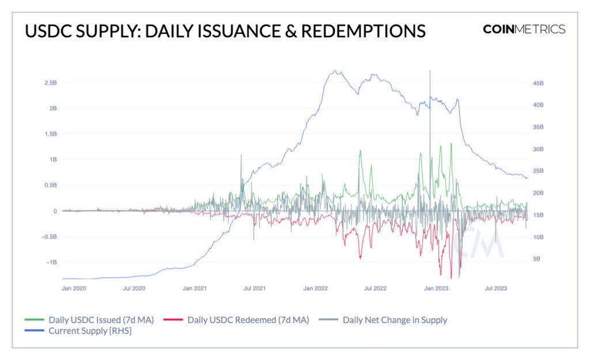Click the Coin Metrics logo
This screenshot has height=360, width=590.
click(524, 29)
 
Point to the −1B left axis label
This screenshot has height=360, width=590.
click(49, 262)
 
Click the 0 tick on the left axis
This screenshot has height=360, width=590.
click(55, 211)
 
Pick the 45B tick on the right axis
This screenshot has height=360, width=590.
click(538, 84)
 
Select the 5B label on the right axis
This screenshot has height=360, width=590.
click(536, 259)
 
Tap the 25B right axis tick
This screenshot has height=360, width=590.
click(538, 171)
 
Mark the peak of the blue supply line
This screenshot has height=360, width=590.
click(335, 71)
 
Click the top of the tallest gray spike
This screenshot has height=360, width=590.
click(430, 71)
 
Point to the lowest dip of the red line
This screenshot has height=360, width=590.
click(451, 278)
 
